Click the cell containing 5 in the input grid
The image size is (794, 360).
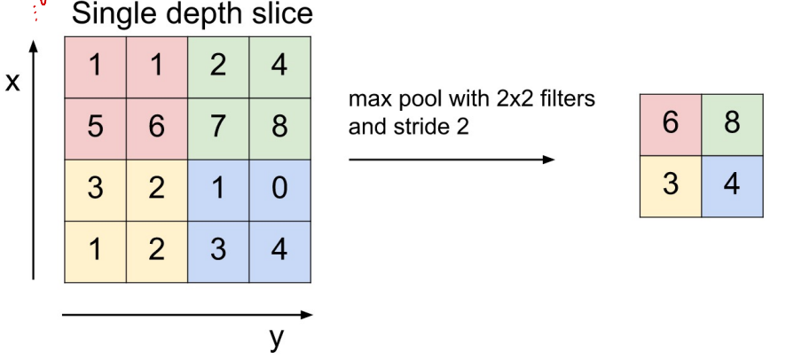(95, 129)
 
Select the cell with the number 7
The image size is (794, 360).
(218, 129)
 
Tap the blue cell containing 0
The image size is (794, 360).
(279, 190)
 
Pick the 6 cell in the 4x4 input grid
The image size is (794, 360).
(156, 129)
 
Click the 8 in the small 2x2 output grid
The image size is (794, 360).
(731, 123)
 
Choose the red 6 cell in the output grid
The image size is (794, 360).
(671, 123)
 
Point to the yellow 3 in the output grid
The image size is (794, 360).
(671, 185)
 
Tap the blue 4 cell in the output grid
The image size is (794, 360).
(731, 185)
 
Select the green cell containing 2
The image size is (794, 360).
(218, 67)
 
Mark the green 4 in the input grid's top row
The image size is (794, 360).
(279, 67)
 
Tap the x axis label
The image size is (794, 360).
(12, 82)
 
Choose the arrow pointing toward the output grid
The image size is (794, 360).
(452, 160)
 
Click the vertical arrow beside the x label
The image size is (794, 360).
(35, 160)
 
